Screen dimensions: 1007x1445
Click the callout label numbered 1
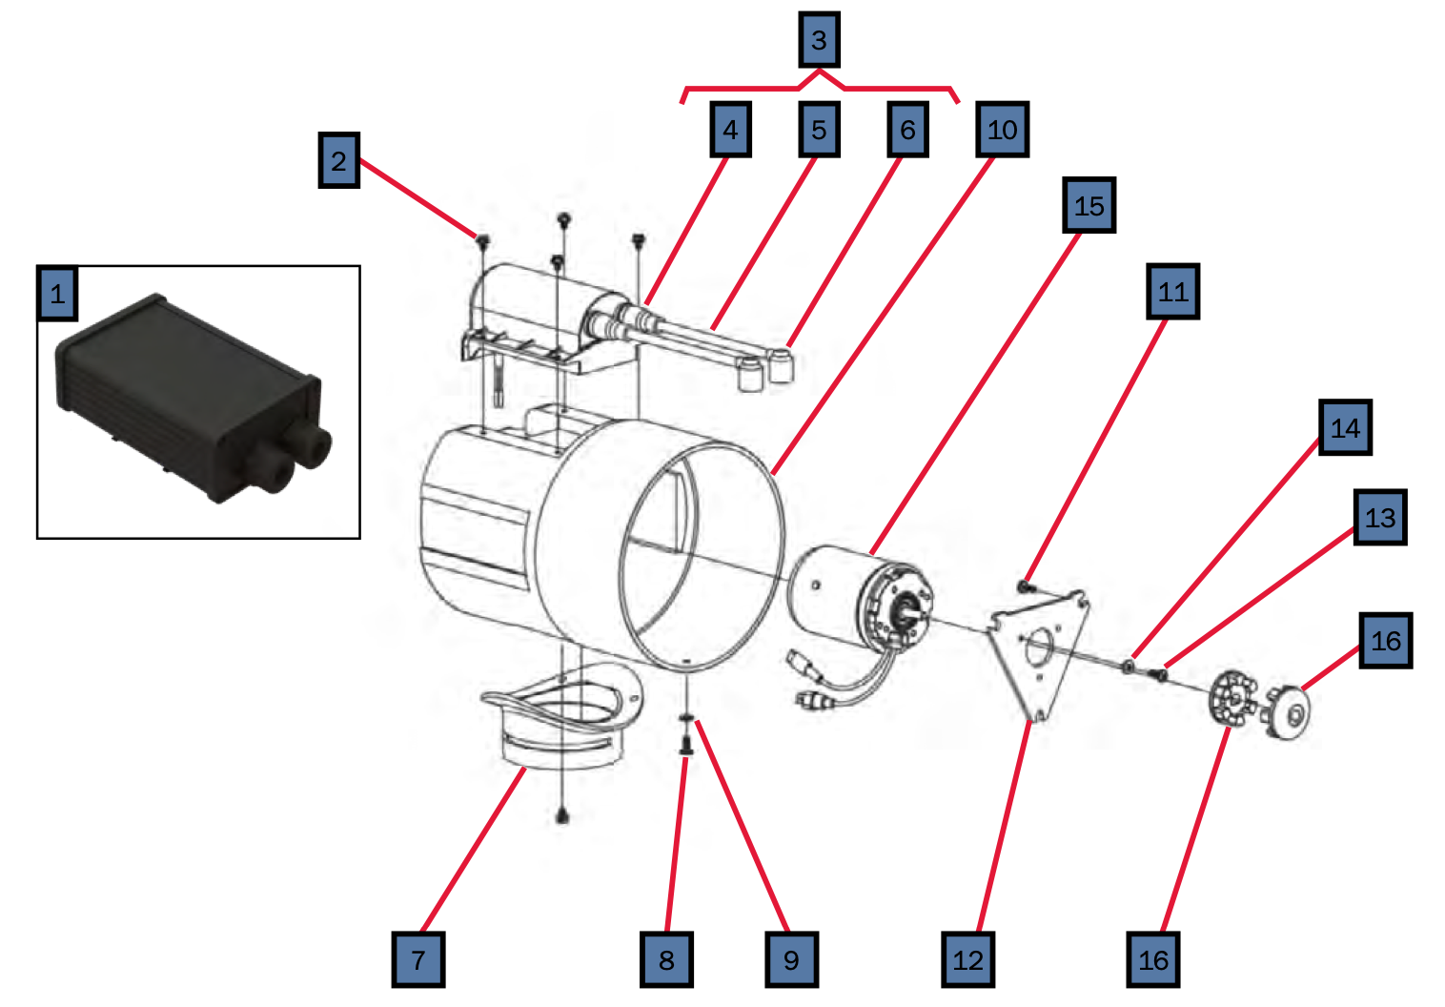click(57, 293)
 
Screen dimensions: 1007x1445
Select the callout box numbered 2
click(338, 160)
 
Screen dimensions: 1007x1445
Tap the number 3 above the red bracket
click(819, 40)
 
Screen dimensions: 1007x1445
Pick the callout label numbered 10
click(1002, 130)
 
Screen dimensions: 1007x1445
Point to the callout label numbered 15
click(1089, 205)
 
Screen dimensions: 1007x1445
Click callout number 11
click(1172, 292)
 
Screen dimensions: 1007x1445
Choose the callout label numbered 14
click(1345, 428)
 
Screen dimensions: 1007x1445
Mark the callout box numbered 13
click(1379, 518)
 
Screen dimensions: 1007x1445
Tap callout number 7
click(418, 959)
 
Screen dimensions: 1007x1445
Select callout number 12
click(967, 959)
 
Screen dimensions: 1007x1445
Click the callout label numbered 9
click(791, 959)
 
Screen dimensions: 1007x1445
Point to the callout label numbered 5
click(819, 130)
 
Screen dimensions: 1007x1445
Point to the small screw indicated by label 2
click(483, 237)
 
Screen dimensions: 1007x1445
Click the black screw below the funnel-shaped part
click(562, 816)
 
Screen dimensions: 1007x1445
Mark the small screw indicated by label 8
click(684, 745)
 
